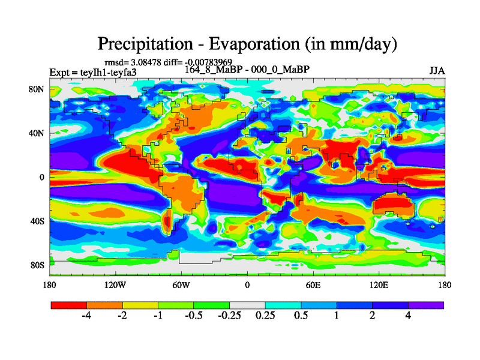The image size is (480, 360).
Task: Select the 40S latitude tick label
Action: [38, 221]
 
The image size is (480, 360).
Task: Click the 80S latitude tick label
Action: [38, 265]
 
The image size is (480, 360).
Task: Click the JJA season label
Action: [437, 71]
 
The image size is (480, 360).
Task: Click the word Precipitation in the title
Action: [139, 44]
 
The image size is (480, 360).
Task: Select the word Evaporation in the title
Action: [250, 44]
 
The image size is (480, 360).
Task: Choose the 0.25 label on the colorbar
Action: [265, 316]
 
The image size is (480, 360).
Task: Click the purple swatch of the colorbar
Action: [426, 305]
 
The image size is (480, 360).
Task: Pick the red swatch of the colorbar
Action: [68, 305]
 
